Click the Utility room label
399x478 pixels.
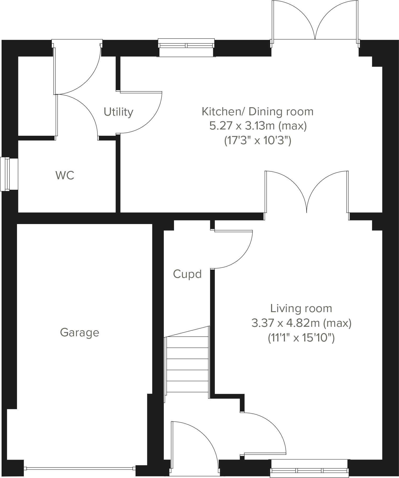click(118, 112)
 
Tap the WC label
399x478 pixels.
click(65, 175)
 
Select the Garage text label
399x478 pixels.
click(80, 333)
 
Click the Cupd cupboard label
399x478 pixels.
click(187, 274)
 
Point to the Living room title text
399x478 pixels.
click(301, 308)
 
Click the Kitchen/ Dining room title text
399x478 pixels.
click(257, 112)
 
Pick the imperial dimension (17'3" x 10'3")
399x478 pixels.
click(258, 141)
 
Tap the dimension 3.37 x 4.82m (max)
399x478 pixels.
click(301, 323)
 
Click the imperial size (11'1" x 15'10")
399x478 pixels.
click(301, 338)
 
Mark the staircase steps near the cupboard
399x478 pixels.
click(187, 364)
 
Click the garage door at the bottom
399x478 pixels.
click(80, 468)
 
